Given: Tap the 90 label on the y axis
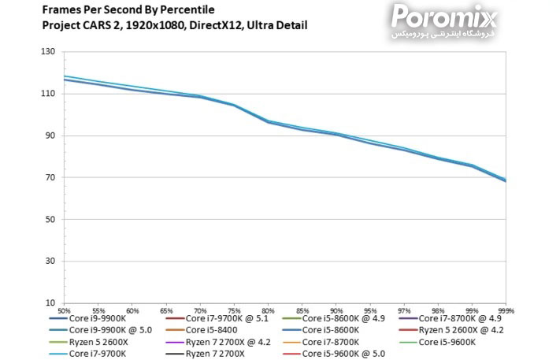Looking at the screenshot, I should click(50, 135).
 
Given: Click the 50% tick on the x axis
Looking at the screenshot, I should click(65, 310).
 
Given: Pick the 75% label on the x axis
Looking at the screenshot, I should click(234, 310).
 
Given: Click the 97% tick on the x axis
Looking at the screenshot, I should click(403, 310).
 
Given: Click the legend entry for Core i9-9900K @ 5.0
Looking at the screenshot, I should click(109, 330).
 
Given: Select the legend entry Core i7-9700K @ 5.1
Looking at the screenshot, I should click(227, 318).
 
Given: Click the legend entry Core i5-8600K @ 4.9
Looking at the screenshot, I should click(343, 318).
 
